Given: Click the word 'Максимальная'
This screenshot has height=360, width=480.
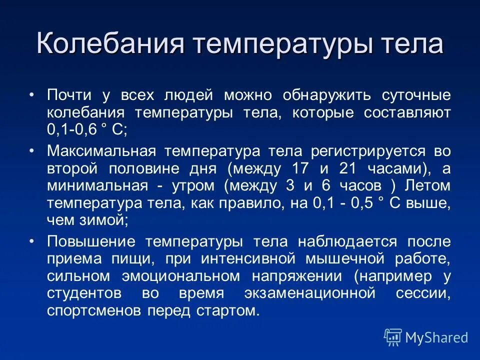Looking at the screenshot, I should [103, 151].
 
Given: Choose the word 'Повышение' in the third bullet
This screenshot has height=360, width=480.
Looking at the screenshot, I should [91, 242].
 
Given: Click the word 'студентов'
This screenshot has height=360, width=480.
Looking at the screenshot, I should [84, 293].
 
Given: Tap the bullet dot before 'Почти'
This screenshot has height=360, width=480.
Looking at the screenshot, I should [32, 95].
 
